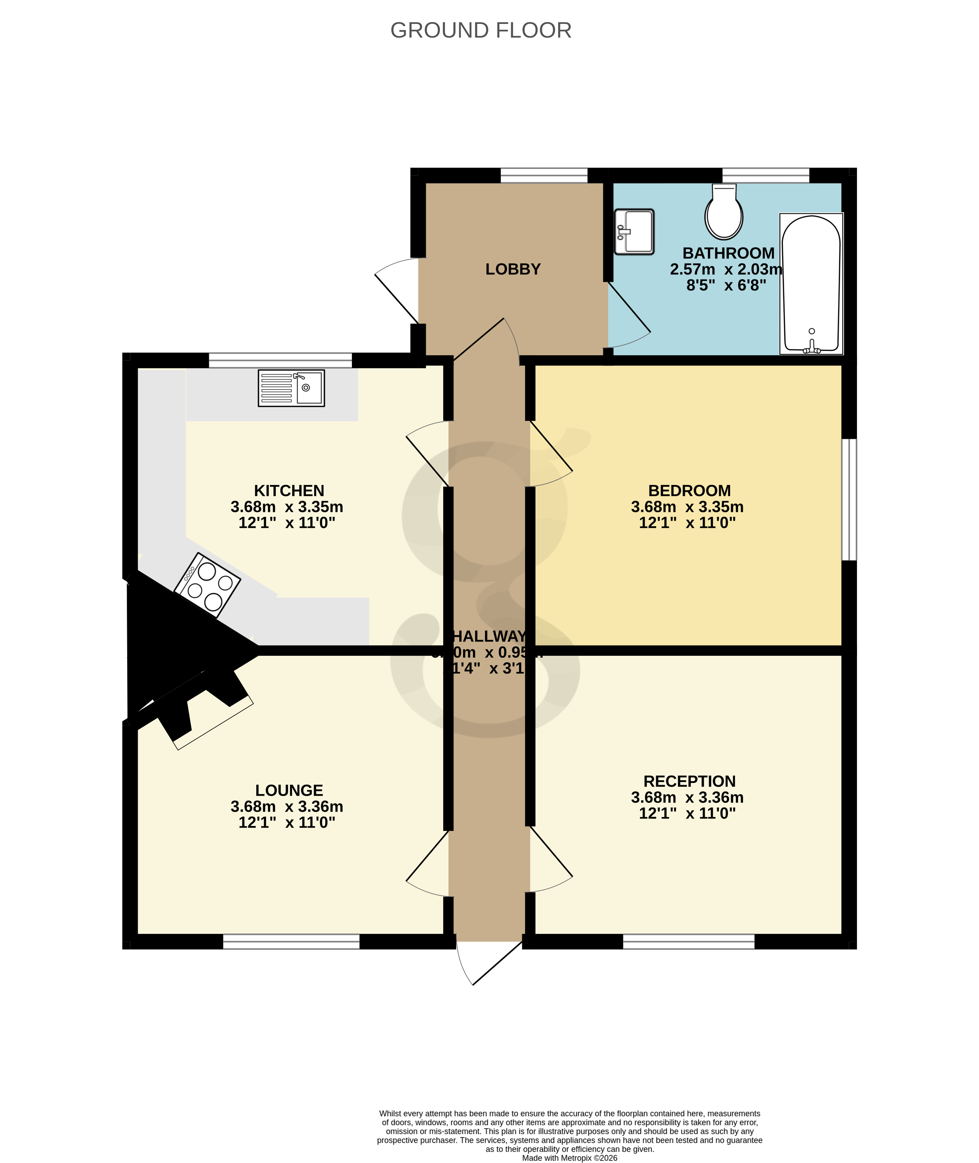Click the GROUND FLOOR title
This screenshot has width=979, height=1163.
coord(481,30)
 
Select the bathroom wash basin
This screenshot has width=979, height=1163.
coord(634,231)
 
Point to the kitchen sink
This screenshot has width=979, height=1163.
coord(291,388)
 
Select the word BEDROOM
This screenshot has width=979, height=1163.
coord(689,491)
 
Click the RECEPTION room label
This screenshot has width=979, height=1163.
coord(689,781)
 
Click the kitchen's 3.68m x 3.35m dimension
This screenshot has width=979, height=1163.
coord(287,507)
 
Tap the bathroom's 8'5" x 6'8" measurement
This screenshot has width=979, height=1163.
coord(726,285)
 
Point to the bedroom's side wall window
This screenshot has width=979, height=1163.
coord(849,500)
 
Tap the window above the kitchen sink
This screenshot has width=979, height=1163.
coord(280,360)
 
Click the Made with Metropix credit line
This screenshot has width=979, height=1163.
coord(569,1158)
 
